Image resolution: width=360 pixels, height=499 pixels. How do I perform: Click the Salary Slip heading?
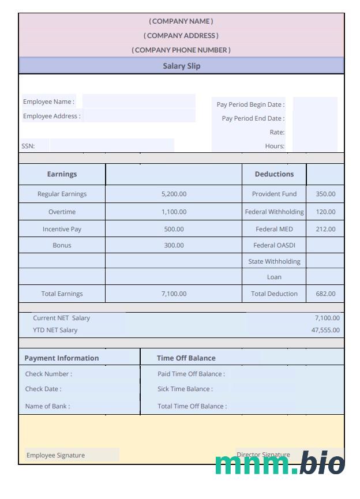coord(181,66)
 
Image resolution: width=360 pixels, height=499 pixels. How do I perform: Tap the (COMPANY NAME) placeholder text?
coord(181,21)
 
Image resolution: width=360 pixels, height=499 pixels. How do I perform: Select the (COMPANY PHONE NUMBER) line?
coord(181,50)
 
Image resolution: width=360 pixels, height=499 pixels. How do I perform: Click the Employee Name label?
coord(48,102)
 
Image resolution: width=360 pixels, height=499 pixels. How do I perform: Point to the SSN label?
coord(28,147)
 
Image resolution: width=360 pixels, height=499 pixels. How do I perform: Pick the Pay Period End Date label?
coord(253,119)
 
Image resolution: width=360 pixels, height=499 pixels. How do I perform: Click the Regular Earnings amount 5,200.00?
coord(174,194)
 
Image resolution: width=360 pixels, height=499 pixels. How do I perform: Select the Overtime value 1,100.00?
coord(174,212)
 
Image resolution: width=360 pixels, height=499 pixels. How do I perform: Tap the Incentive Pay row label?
coord(62,229)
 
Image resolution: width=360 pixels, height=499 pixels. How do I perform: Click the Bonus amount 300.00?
coord(174,245)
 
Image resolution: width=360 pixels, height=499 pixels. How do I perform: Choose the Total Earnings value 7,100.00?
coord(174,294)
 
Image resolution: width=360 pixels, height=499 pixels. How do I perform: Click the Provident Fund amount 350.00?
coord(325,194)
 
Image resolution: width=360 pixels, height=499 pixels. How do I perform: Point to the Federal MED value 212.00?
coord(325,229)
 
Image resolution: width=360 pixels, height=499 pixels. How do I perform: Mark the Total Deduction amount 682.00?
coord(325,294)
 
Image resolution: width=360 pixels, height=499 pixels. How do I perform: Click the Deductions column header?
coord(274,174)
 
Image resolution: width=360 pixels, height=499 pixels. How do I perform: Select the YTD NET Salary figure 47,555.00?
coord(325,331)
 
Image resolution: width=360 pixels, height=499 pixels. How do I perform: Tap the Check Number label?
coord(48,374)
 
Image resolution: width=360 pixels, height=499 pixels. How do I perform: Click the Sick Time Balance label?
coord(185,389)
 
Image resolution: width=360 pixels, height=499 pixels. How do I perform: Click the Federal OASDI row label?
coord(274,245)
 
